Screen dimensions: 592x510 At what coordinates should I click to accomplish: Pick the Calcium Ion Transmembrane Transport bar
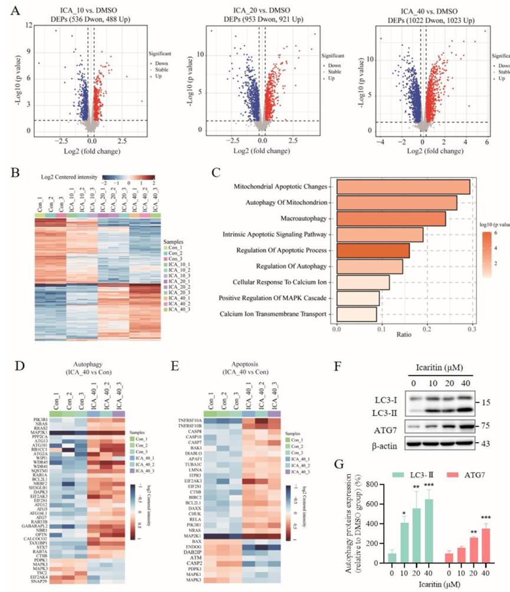pos(356,314)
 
